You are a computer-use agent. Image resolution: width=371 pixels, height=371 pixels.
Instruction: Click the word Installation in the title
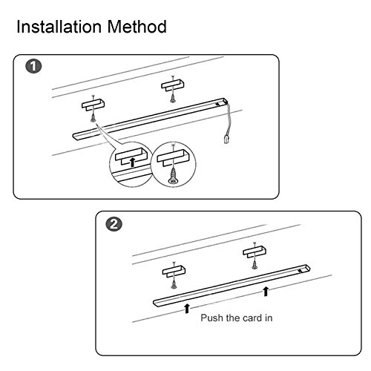pyautogui.click(x=59, y=27)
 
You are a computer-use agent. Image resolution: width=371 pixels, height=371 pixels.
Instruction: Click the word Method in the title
pyautogui.click(x=137, y=27)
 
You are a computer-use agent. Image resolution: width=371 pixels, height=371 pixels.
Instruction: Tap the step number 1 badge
pyautogui.click(x=33, y=66)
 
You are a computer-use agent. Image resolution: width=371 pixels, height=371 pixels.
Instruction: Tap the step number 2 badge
pyautogui.click(x=114, y=225)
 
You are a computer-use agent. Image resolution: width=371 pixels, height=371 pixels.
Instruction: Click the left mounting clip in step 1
pyautogui.click(x=93, y=105)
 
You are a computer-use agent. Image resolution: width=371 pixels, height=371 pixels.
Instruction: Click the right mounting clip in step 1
pyautogui.click(x=173, y=85)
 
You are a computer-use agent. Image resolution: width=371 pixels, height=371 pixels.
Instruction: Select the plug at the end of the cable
pyautogui.click(x=226, y=139)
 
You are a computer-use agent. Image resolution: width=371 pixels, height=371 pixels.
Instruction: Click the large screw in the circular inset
pyautogui.click(x=173, y=176)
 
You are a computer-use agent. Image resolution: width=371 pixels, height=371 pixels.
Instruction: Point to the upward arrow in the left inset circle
pyautogui.click(x=133, y=162)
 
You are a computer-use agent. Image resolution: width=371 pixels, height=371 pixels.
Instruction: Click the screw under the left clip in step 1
pyautogui.click(x=93, y=117)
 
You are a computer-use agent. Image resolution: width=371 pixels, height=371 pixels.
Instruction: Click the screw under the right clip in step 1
pyautogui.click(x=172, y=98)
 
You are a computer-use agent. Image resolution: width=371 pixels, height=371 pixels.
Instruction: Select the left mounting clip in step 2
pyautogui.click(x=174, y=272)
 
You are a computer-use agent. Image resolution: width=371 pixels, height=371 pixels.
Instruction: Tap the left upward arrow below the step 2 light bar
pyautogui.click(x=187, y=309)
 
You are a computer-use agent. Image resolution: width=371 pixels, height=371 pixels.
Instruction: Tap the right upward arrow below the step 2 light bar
pyautogui.click(x=266, y=291)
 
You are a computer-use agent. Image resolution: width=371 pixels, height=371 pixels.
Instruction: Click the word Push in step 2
pyautogui.click(x=212, y=318)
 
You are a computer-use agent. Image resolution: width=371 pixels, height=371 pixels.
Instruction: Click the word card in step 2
pyautogui.click(x=249, y=318)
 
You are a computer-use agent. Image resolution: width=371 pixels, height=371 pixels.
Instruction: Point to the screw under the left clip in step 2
pyautogui.click(x=174, y=284)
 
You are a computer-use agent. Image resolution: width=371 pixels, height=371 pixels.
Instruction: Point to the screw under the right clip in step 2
pyautogui.click(x=255, y=265)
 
